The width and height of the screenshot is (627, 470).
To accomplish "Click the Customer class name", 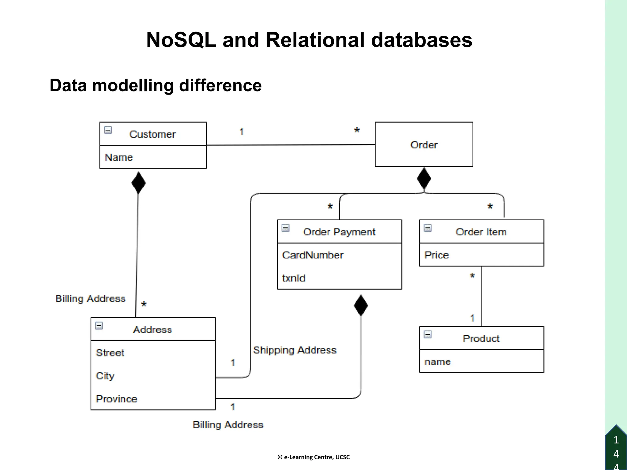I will (152, 134).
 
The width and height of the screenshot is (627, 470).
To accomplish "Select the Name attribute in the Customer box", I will (119, 157).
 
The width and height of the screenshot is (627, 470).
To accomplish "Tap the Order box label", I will (424, 145).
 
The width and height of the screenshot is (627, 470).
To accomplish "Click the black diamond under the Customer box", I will (138, 183).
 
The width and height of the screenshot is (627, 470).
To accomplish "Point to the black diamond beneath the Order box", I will (424, 179).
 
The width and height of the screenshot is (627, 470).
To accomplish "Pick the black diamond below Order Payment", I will (361, 305).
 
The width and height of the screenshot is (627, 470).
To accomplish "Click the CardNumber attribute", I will (313, 255).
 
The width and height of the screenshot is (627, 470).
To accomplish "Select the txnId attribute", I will (294, 278).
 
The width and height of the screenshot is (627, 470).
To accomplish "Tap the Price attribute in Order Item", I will (437, 255).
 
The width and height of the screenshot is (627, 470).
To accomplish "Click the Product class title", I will (481, 338).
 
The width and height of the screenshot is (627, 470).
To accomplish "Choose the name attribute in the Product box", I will (437, 362).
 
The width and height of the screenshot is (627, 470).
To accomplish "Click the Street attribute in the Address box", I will (110, 352).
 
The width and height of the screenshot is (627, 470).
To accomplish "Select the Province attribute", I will (116, 399).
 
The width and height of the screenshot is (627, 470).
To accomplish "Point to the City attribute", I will (105, 376).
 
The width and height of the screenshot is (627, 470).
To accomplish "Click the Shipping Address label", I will (295, 350).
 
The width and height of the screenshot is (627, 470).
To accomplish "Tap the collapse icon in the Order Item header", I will (427, 228).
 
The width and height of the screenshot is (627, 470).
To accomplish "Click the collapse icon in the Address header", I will (99, 326).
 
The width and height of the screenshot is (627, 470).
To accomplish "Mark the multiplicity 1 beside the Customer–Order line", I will (242, 132).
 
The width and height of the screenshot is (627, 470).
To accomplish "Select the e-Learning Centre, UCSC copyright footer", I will (313, 457).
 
